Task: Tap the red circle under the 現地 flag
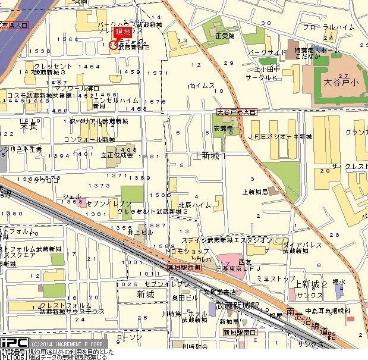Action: click(114, 44)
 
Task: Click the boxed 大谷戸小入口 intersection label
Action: click(236, 111)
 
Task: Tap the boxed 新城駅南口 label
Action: click(240, 331)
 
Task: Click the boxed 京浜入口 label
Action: click(14, 26)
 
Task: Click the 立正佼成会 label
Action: click(117, 155)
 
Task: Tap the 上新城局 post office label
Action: click(255, 192)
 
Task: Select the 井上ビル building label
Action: click(140, 233)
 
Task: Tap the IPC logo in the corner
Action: click(13, 343)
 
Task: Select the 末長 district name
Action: click(28, 126)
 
